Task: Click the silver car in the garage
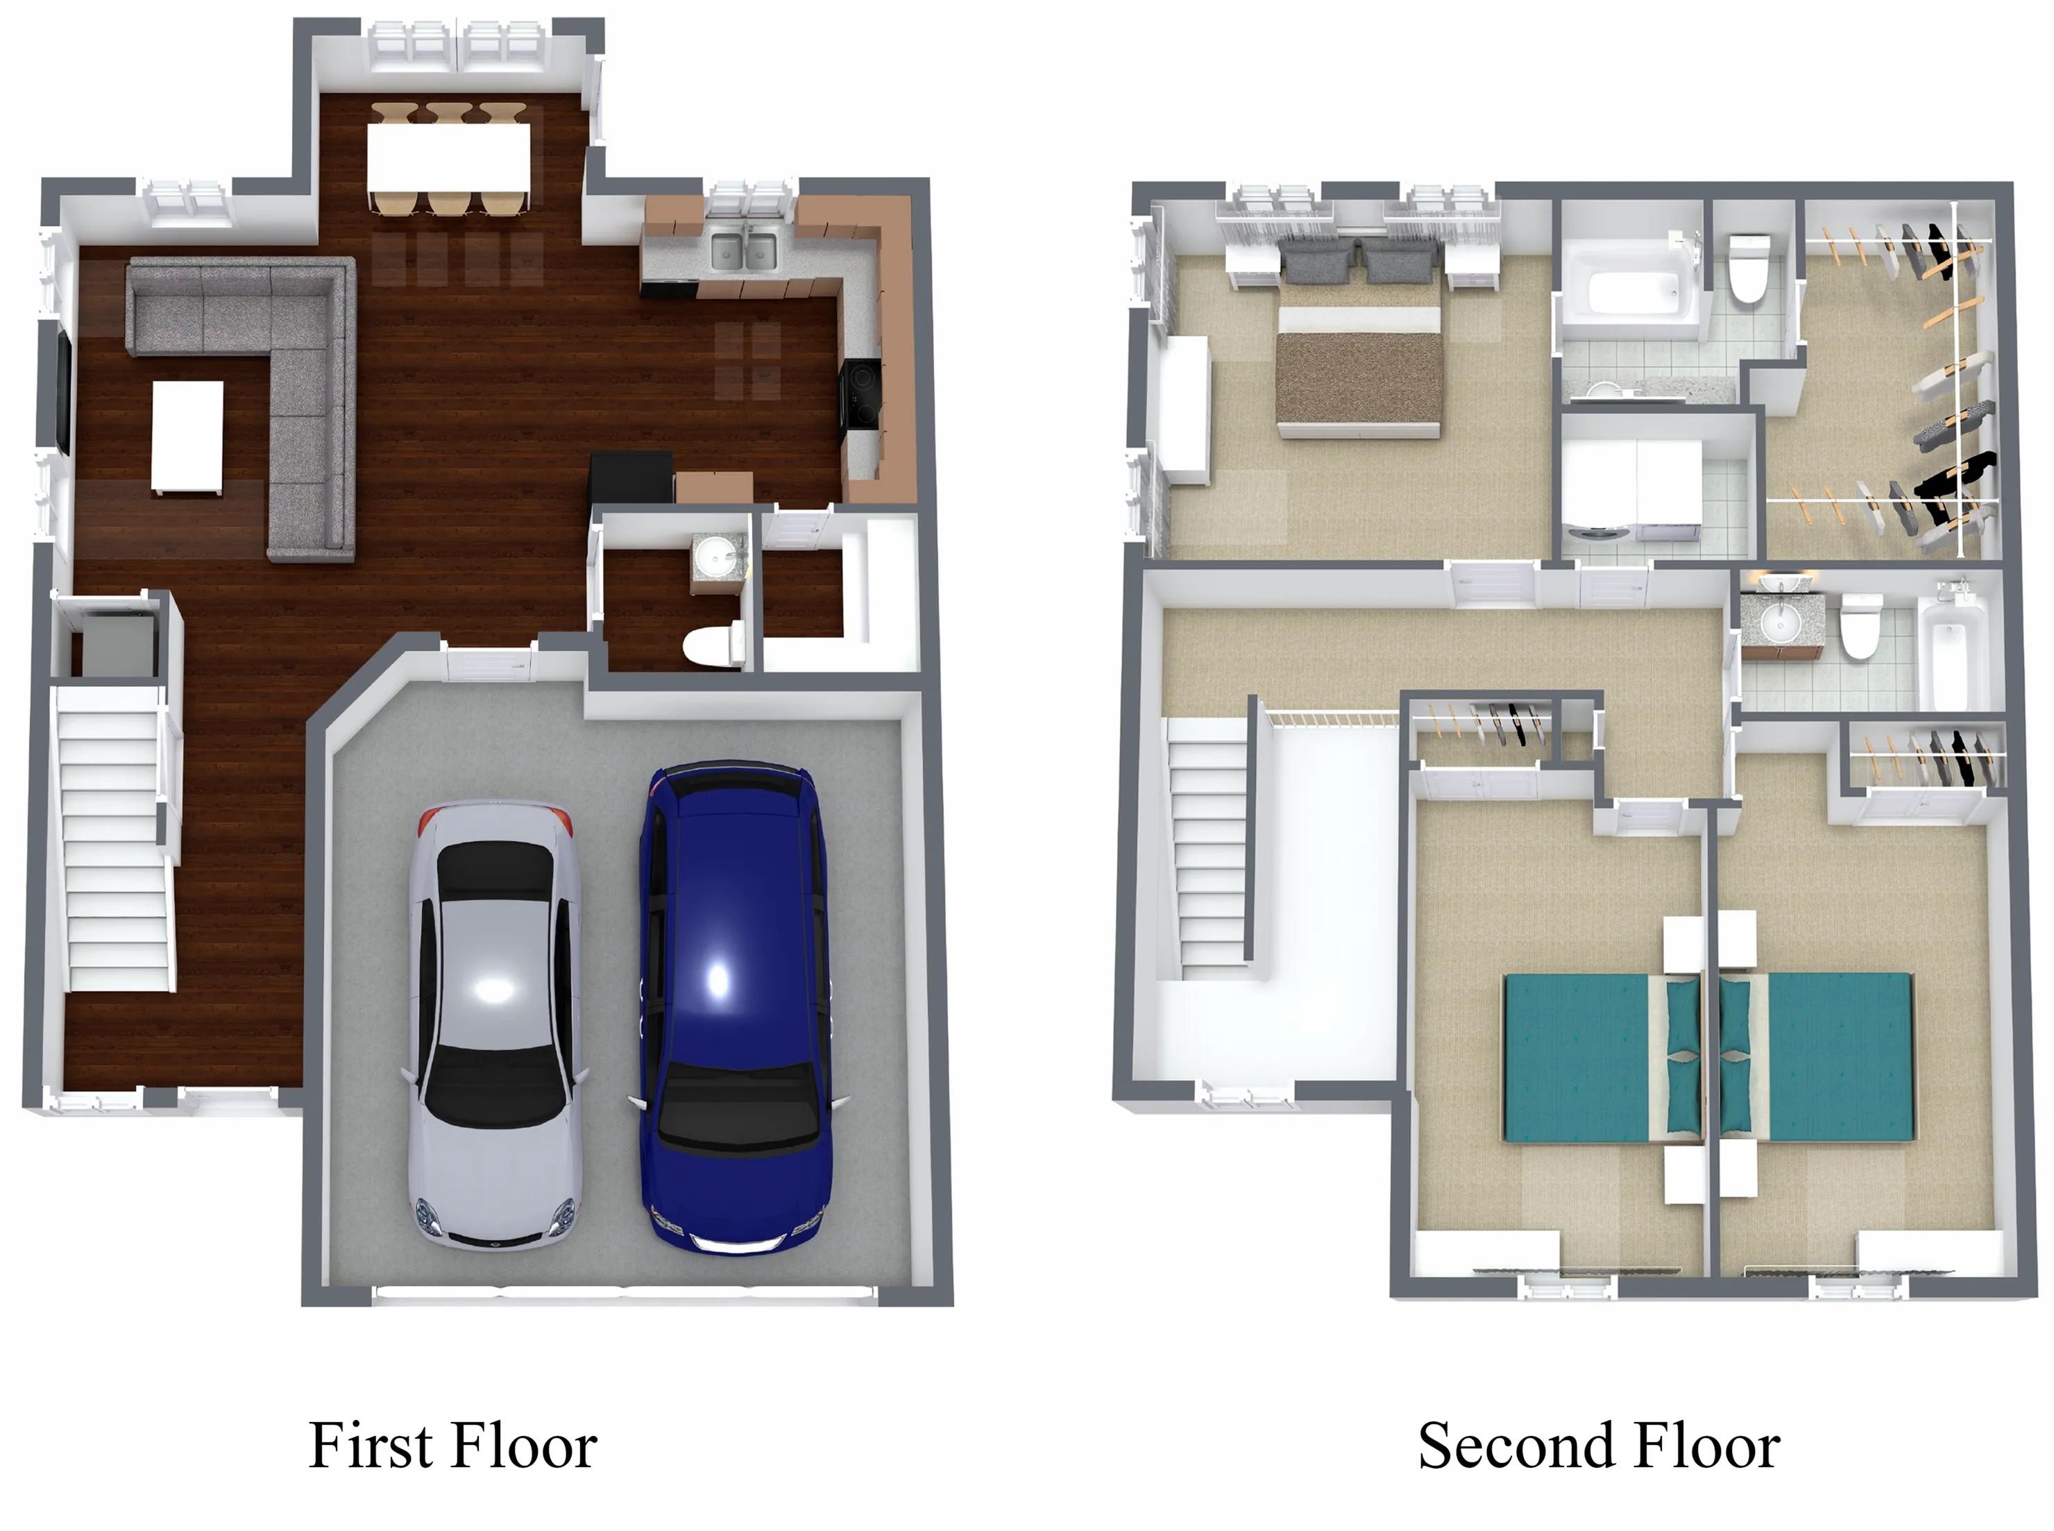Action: (x=495, y=1024)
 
